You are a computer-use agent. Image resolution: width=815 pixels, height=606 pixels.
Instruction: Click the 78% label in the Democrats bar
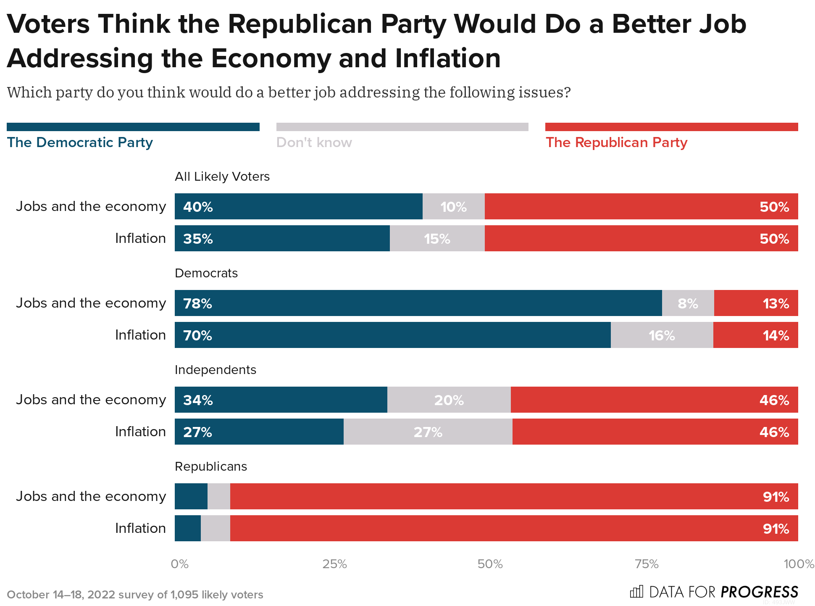pyautogui.click(x=197, y=303)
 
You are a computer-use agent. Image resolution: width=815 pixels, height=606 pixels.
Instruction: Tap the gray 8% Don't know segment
pyautogui.click(x=688, y=303)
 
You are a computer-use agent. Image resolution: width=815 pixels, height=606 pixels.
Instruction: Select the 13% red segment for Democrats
pyautogui.click(x=756, y=303)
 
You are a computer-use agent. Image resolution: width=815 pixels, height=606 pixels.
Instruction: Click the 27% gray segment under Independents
pyautogui.click(x=428, y=432)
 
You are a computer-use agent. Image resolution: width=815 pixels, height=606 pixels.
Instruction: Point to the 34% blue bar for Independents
pyautogui.click(x=281, y=400)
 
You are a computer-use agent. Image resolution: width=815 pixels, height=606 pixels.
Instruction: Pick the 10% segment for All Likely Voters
pyautogui.click(x=453, y=207)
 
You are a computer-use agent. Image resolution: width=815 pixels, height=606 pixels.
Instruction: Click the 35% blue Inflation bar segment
pyautogui.click(x=282, y=239)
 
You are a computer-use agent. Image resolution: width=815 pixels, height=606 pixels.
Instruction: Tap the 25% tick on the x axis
pyautogui.click(x=334, y=564)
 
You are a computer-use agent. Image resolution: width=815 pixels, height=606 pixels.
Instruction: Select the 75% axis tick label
pyautogui.click(x=647, y=564)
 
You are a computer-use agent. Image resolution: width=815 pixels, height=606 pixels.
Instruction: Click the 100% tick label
pyautogui.click(x=799, y=564)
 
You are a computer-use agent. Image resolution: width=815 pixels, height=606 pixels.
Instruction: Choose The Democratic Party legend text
pyautogui.click(x=80, y=142)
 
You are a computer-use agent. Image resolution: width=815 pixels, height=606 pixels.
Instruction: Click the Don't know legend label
pyautogui.click(x=314, y=142)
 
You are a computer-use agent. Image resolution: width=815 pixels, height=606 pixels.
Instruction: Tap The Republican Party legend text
pyautogui.click(x=616, y=142)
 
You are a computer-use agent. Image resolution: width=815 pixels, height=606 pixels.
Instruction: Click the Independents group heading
pyautogui.click(x=215, y=370)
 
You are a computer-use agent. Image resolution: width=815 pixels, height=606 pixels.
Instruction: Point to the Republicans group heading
pyautogui.click(x=210, y=466)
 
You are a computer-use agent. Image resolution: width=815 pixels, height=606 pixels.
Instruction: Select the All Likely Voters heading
pyautogui.click(x=222, y=177)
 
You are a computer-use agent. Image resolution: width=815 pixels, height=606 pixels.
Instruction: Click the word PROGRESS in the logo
pyautogui.click(x=759, y=592)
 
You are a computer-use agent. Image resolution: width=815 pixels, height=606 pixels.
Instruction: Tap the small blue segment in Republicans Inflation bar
pyautogui.click(x=187, y=528)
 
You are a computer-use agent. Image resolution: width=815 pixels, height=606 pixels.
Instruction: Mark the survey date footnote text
pyautogui.click(x=135, y=595)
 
